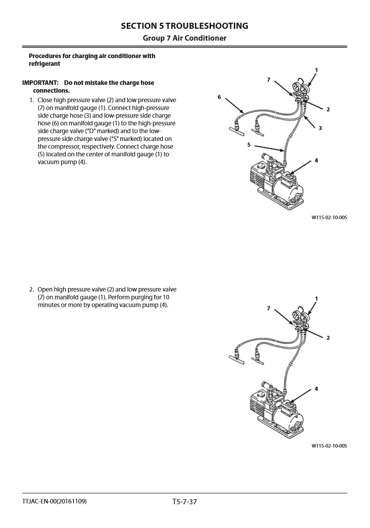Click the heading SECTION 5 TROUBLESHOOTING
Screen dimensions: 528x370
tap(185, 25)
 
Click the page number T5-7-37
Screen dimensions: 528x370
tap(185, 503)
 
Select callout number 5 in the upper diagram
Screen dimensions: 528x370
tap(248, 144)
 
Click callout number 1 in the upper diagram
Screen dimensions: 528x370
tap(316, 70)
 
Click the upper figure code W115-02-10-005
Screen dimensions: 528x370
tap(329, 218)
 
